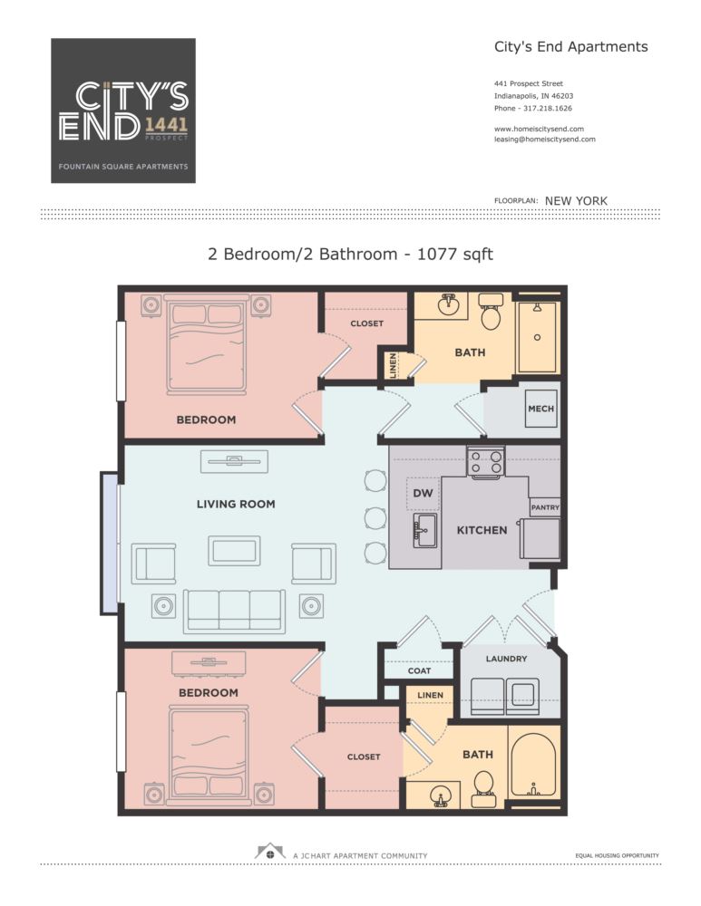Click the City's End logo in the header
123,111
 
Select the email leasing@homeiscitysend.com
544,140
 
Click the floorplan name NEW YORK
576,201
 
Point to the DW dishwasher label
422,493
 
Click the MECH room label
540,409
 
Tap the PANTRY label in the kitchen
544,508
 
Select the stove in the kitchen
484,462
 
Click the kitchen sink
424,530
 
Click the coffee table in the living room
234,550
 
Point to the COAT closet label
418,671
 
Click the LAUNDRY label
506,659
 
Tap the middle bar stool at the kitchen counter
375,516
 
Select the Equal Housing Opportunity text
617,855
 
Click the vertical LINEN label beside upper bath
394,364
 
